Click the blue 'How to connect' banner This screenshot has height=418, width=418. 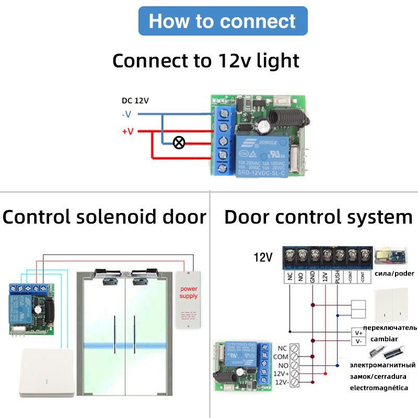222,21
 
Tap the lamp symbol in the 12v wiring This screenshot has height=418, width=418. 178,142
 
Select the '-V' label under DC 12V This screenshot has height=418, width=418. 127,114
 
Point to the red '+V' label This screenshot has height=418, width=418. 127,131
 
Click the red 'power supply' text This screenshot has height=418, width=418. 189,292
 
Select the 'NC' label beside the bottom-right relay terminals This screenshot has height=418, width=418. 282,347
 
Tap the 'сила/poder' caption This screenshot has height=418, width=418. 394,273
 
